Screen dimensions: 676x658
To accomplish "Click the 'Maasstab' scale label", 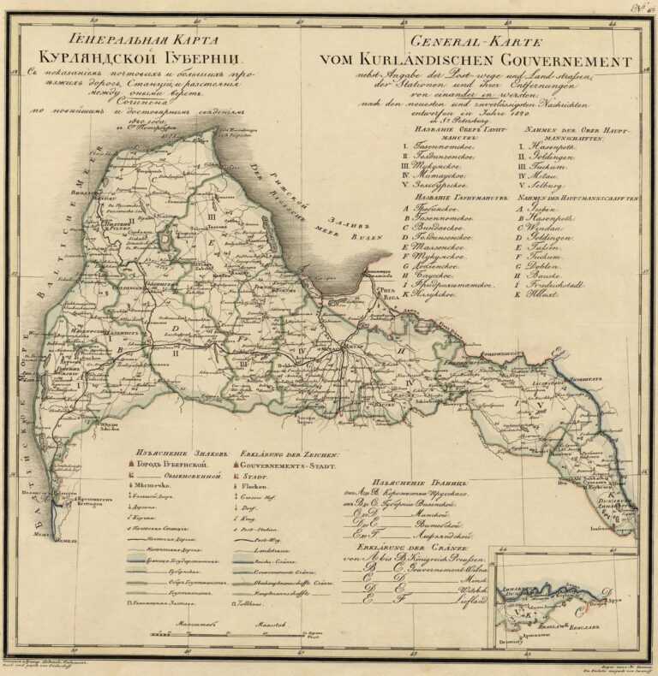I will click(x=283, y=624).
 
